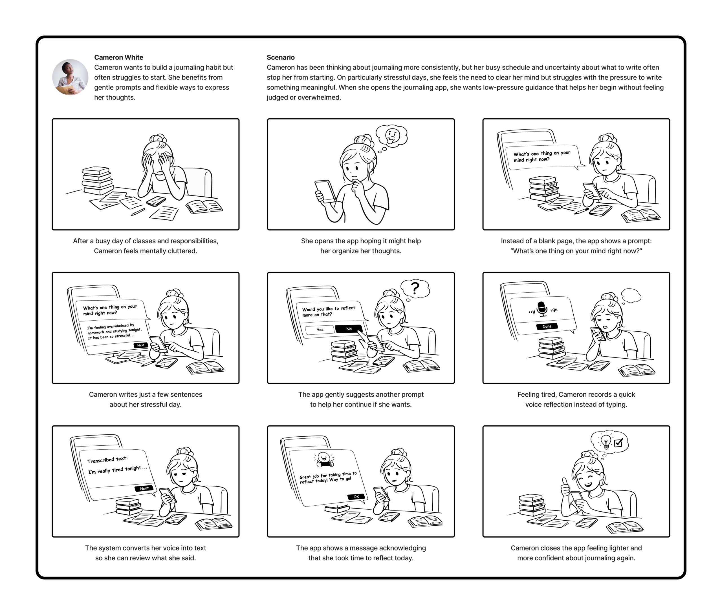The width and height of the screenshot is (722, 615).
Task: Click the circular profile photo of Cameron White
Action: coord(71,77)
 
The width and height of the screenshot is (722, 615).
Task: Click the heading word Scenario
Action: coord(281,57)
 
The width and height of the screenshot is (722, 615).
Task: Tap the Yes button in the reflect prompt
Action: coord(320,330)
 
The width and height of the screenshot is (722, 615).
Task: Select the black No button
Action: coord(349,329)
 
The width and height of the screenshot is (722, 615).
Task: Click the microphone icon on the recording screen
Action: coord(542,309)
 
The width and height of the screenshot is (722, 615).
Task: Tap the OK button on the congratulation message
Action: coord(356,497)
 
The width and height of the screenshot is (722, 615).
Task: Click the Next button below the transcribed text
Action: coord(144,488)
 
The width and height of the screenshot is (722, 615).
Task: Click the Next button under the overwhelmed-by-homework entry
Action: coord(141,345)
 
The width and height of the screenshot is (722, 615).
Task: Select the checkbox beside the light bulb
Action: coord(618,443)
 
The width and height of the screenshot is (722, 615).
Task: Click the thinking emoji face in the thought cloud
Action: coord(392,136)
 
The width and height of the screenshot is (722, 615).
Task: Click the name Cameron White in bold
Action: coord(118,57)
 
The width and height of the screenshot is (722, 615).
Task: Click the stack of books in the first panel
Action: coord(97,181)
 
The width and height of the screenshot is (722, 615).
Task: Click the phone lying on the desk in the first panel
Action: coord(156,201)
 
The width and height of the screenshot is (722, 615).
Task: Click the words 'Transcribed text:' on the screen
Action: coord(107,460)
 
